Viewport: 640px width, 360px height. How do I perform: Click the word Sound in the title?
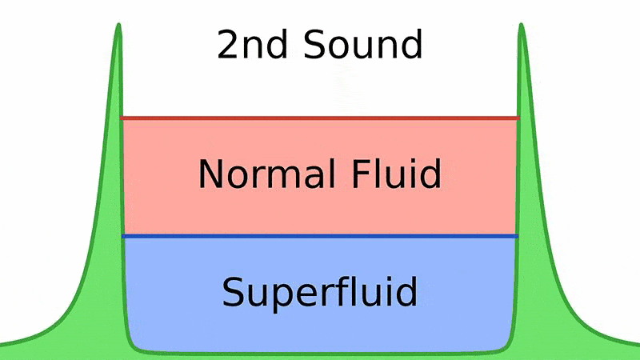(x=363, y=44)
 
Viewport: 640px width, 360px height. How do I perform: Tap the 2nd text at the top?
(x=252, y=44)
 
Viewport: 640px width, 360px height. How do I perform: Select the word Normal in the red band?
(x=267, y=174)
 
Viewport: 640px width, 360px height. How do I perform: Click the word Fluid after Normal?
(x=396, y=174)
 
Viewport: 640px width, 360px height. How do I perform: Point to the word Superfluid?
(x=319, y=292)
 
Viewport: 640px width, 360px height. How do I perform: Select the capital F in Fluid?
(x=361, y=174)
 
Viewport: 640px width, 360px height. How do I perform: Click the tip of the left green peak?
(x=118, y=24)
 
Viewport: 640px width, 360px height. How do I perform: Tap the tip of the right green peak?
(x=522, y=24)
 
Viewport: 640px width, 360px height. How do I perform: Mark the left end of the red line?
(x=122, y=118)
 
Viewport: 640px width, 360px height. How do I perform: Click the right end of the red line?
(x=518, y=118)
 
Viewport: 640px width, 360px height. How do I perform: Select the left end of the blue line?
(x=123, y=236)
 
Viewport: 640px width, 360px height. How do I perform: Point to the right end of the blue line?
(x=518, y=236)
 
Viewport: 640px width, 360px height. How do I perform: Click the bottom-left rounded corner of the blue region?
(x=133, y=346)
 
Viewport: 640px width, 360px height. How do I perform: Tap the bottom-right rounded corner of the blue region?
(x=507, y=346)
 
